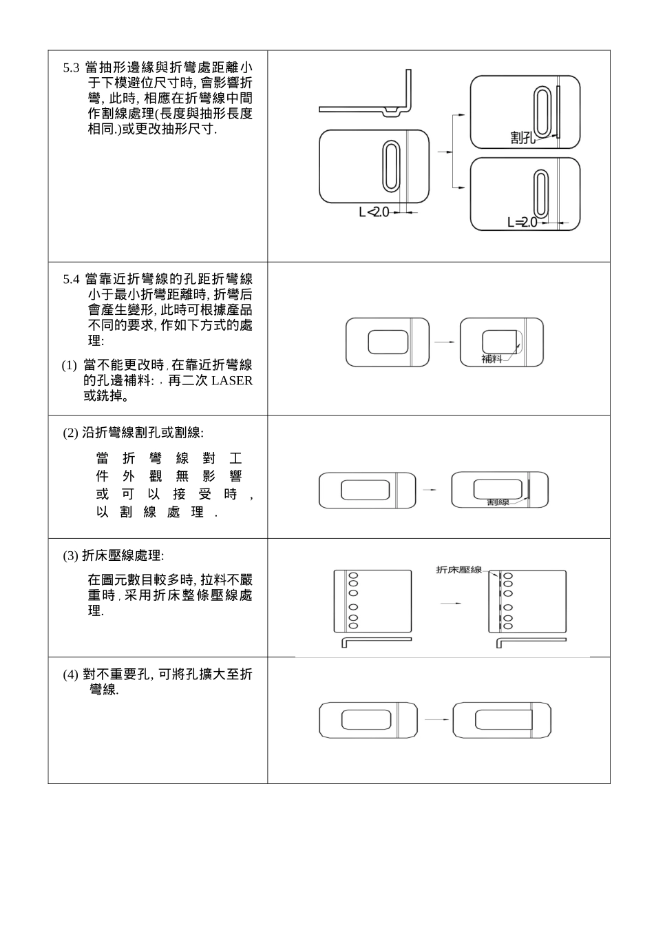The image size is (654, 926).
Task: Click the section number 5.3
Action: [71, 68]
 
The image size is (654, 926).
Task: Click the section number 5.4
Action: [71, 280]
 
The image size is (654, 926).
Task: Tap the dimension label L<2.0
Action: [374, 212]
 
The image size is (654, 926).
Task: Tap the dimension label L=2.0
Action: [522, 223]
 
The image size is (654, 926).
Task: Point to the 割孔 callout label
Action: [523, 138]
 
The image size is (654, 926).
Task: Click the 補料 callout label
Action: [492, 359]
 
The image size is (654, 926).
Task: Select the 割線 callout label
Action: [498, 502]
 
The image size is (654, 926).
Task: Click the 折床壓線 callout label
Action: [459, 570]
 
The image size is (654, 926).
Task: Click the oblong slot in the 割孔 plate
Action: [542, 111]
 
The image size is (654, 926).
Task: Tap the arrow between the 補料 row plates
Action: [444, 342]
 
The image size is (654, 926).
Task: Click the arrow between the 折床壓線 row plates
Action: [450, 604]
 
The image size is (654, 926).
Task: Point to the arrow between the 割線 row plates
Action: [430, 490]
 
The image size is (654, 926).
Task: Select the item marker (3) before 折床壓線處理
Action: [71, 556]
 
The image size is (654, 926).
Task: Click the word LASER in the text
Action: [232, 381]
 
